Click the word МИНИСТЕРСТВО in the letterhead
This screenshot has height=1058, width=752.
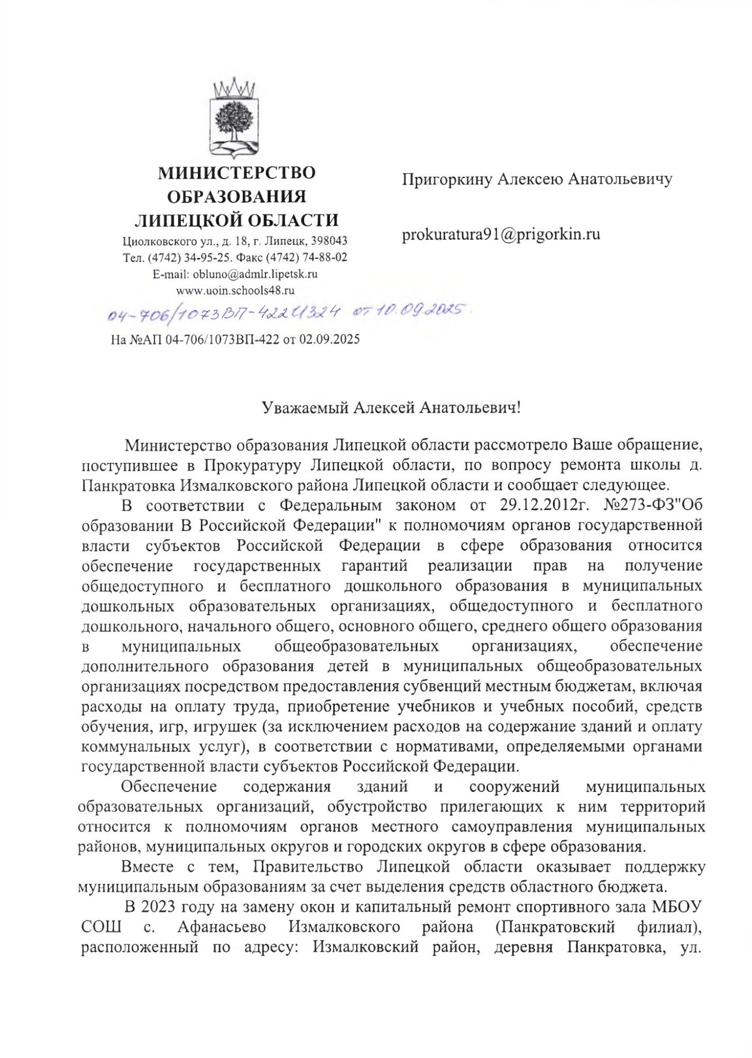[x=237, y=172]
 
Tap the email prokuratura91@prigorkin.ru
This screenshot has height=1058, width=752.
[x=501, y=234]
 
